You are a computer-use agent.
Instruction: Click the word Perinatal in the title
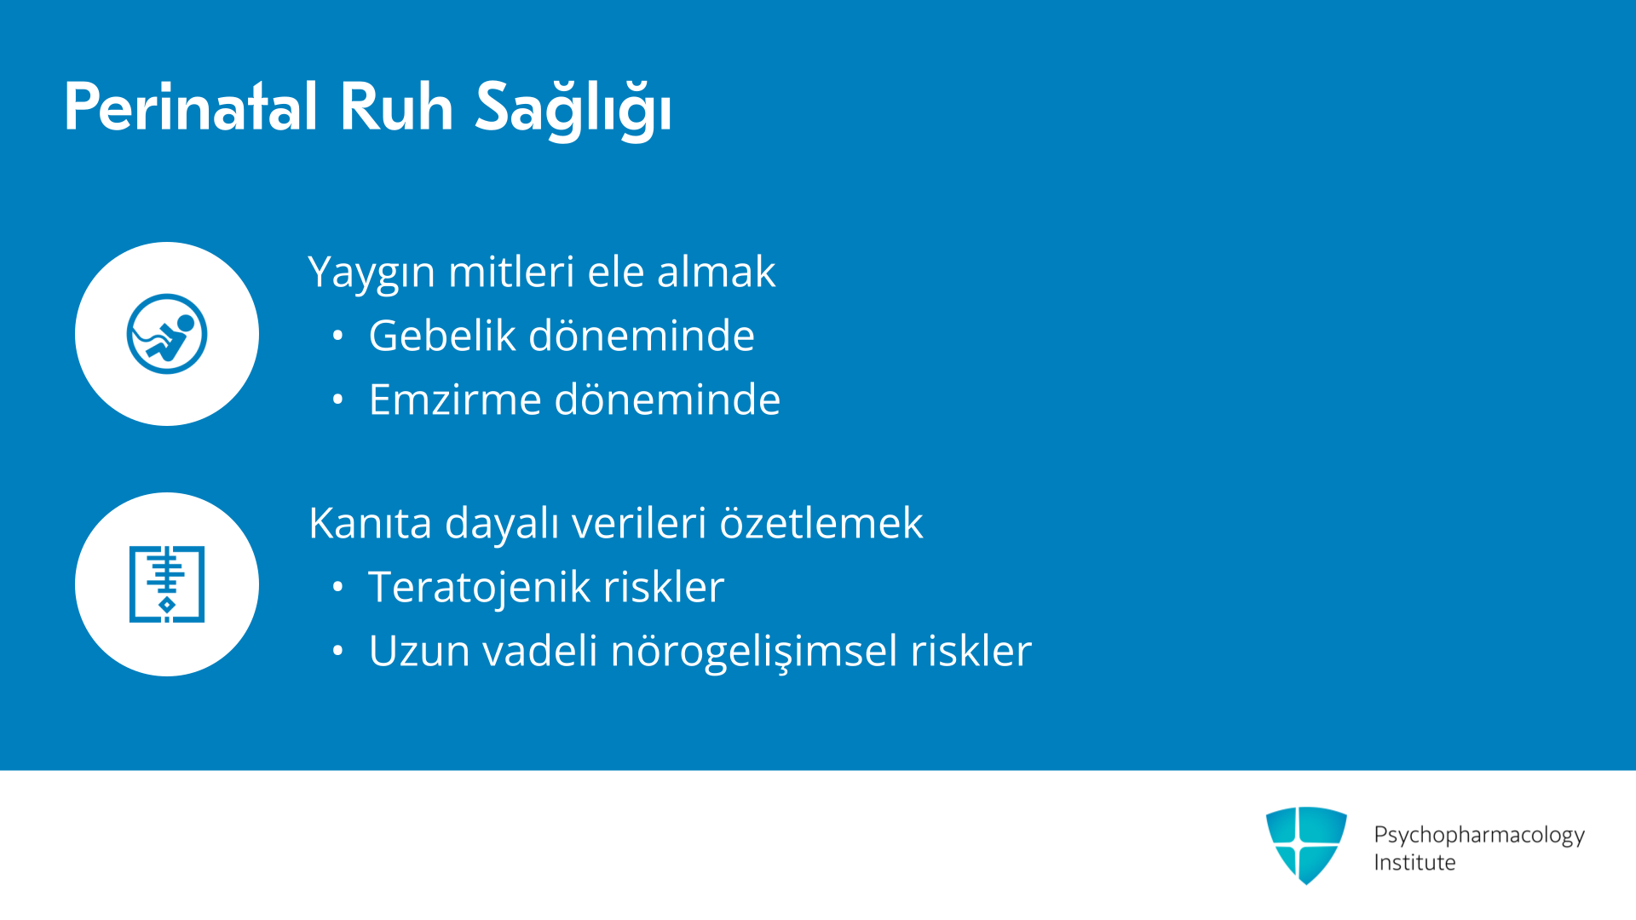(x=191, y=107)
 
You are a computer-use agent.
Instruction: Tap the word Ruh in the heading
(x=396, y=107)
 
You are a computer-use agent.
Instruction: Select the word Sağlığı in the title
(x=573, y=109)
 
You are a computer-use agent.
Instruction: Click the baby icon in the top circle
(x=167, y=334)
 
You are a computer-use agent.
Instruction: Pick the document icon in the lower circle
(x=167, y=584)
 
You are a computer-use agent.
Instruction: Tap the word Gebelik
(x=442, y=335)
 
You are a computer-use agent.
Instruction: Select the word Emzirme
(x=455, y=399)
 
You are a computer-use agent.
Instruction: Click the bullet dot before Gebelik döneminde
(x=338, y=336)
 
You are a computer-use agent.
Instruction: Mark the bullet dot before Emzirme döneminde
(x=338, y=400)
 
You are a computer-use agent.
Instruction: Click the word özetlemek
(x=821, y=522)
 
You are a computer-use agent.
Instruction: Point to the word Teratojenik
(x=480, y=587)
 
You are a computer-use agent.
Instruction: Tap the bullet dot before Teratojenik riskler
(x=338, y=587)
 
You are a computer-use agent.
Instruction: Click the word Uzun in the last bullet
(x=419, y=651)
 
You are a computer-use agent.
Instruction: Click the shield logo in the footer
(x=1306, y=845)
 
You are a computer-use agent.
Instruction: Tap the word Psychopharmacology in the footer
(x=1479, y=836)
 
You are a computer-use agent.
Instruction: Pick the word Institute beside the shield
(x=1414, y=862)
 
